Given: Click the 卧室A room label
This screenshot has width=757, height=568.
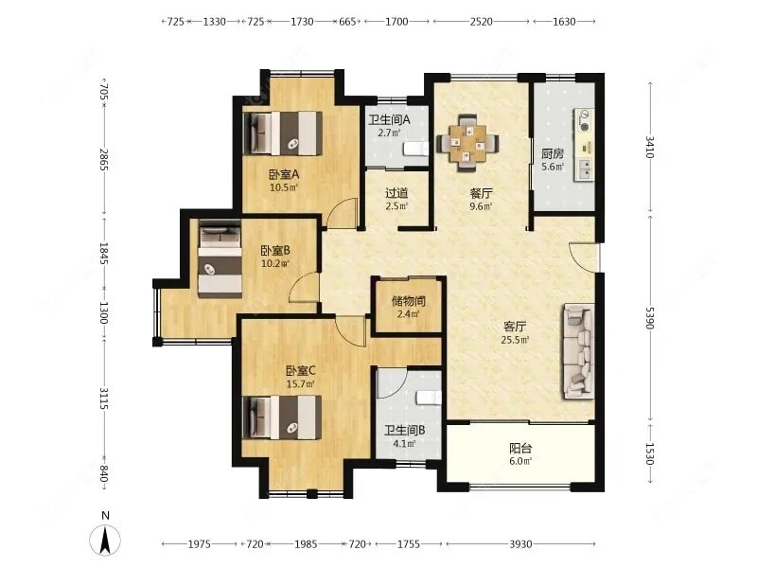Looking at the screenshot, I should click(284, 174).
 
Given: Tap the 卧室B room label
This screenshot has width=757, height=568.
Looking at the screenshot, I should click(274, 251).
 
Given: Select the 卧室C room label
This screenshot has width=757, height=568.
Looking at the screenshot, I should click(300, 371).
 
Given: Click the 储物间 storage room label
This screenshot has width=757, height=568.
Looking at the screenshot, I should click(408, 302).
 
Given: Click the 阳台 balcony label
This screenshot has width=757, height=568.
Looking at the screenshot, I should click(520, 449).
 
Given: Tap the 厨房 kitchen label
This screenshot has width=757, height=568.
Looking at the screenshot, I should click(553, 154).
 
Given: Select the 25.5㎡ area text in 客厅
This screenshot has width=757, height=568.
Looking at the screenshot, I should click(516, 340).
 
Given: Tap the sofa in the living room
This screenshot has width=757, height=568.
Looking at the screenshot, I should click(578, 350).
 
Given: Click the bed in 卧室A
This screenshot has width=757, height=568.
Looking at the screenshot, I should click(282, 133).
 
